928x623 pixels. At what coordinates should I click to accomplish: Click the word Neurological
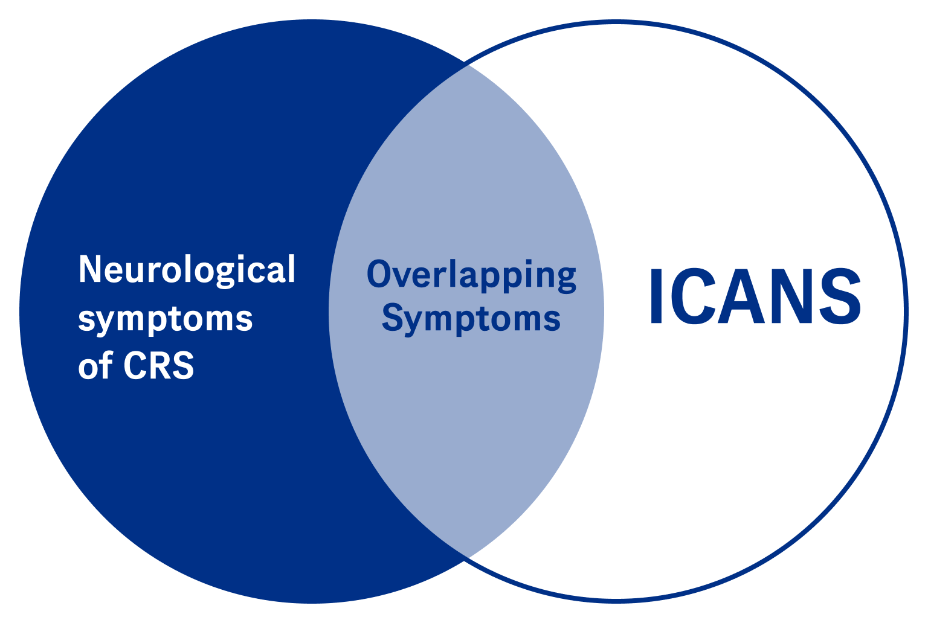click(x=187, y=270)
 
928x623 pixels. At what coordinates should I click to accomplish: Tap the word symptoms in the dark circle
click(x=165, y=318)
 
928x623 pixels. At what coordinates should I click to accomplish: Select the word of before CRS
click(x=95, y=365)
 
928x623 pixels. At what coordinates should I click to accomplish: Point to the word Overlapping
click(x=471, y=275)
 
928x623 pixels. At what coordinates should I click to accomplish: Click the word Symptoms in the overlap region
click(x=471, y=318)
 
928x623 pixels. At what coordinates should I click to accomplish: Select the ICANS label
click(x=755, y=296)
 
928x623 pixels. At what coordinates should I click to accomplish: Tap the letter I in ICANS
click(x=657, y=296)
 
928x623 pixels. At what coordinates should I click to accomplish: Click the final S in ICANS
click(x=840, y=296)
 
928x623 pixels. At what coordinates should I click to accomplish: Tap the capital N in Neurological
click(x=89, y=269)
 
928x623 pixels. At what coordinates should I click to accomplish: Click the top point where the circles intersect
click(x=464, y=63)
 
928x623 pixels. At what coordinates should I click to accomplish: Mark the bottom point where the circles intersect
click(x=464, y=560)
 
